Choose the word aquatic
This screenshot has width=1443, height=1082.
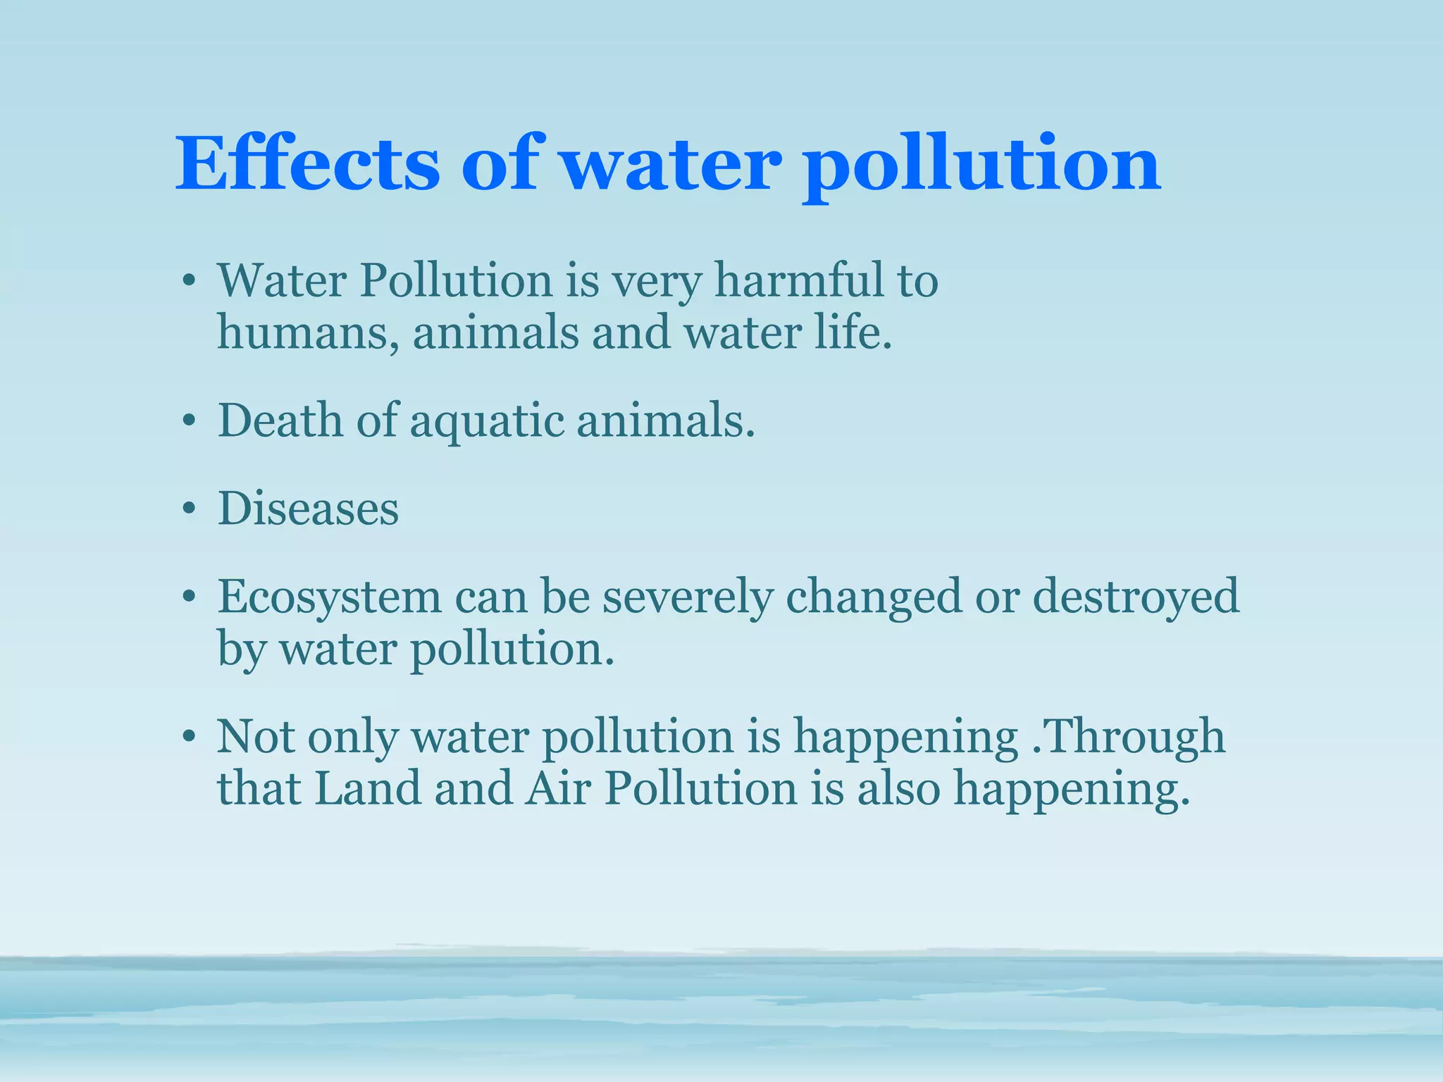tap(487, 423)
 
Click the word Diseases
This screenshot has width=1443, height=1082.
tap(308, 509)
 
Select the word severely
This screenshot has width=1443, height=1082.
tap(688, 597)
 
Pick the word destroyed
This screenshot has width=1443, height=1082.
tap(1135, 597)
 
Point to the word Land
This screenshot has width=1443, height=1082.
tap(367, 788)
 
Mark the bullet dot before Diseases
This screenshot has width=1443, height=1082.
tap(188, 509)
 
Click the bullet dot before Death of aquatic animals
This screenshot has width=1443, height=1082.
tap(188, 421)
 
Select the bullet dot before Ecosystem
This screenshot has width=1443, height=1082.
tap(188, 597)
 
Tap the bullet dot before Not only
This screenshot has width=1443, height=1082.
tap(188, 737)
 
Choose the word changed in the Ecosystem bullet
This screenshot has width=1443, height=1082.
tap(874, 597)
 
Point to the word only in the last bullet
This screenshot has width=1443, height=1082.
tap(352, 738)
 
